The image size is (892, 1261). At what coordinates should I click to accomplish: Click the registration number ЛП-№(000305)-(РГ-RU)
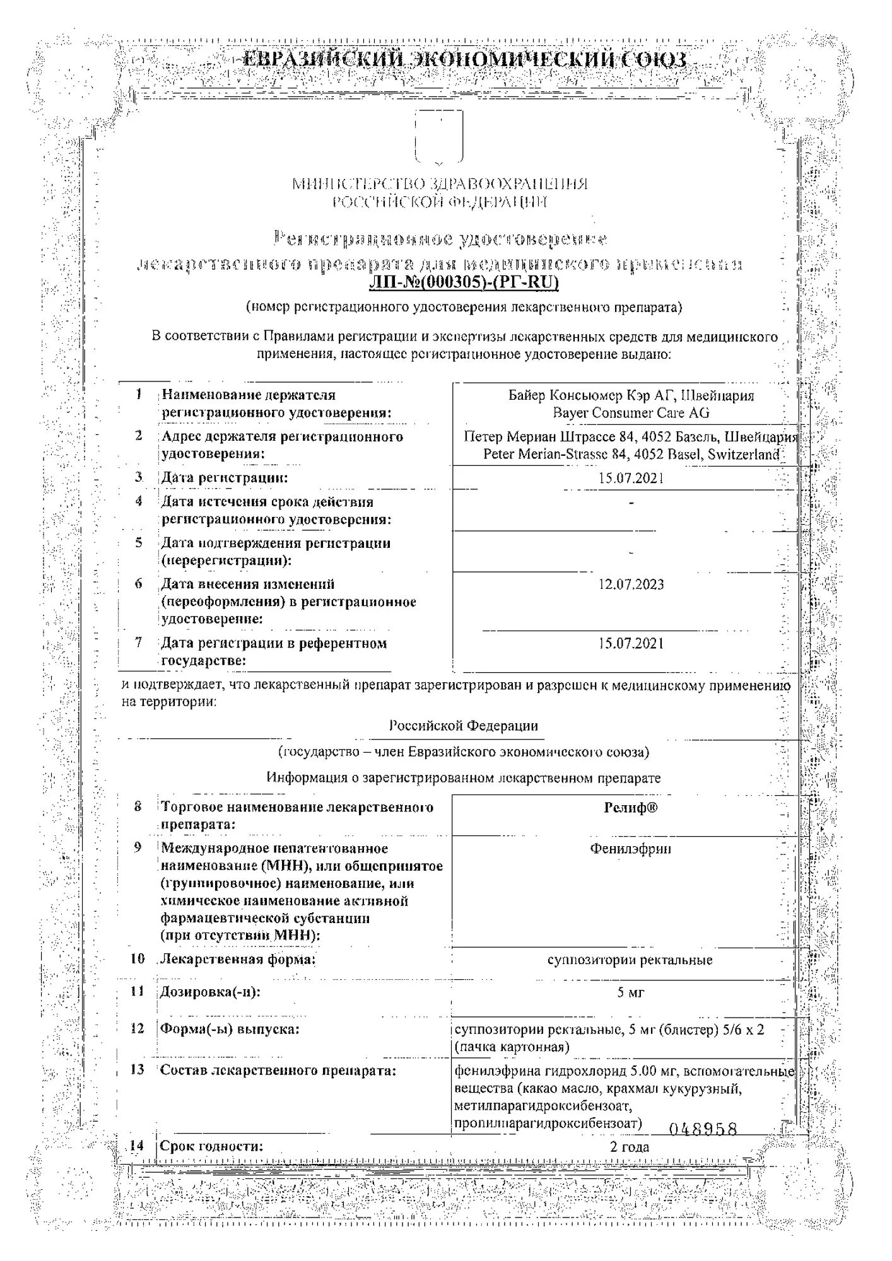pyautogui.click(x=464, y=282)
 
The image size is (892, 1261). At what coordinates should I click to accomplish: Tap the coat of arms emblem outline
pyautogui.click(x=439, y=136)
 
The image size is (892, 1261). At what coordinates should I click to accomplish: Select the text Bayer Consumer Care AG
pyautogui.click(x=631, y=413)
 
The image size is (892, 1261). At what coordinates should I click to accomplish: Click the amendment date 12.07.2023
pyautogui.click(x=631, y=584)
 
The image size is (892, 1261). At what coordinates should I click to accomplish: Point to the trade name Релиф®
pyautogui.click(x=630, y=808)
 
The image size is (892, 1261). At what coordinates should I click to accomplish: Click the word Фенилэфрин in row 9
pyautogui.click(x=630, y=849)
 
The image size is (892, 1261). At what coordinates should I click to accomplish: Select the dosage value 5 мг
pyautogui.click(x=630, y=992)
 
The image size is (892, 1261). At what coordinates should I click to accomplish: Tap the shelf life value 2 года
pyautogui.click(x=630, y=1147)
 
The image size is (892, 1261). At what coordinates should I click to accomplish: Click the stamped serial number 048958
pyautogui.click(x=703, y=1129)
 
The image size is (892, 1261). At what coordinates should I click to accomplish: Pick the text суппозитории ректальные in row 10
pyautogui.click(x=630, y=960)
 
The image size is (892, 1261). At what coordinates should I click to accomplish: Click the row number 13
pyautogui.click(x=137, y=1070)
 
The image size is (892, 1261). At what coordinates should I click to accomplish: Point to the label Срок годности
pyautogui.click(x=211, y=1146)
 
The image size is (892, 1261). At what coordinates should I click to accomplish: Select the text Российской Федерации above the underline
pyautogui.click(x=463, y=726)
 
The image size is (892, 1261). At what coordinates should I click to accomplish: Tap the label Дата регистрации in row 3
pyautogui.click(x=224, y=478)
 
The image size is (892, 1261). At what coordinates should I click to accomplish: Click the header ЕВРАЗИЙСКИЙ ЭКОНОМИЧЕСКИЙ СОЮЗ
pyautogui.click(x=464, y=61)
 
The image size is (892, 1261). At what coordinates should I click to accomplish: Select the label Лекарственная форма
pyautogui.click(x=237, y=960)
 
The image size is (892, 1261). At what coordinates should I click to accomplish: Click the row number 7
pyautogui.click(x=138, y=642)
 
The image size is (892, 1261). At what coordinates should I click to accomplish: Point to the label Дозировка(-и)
pyautogui.click(x=210, y=992)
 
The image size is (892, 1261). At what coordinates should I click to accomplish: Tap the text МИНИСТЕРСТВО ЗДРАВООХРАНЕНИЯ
pyautogui.click(x=439, y=184)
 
